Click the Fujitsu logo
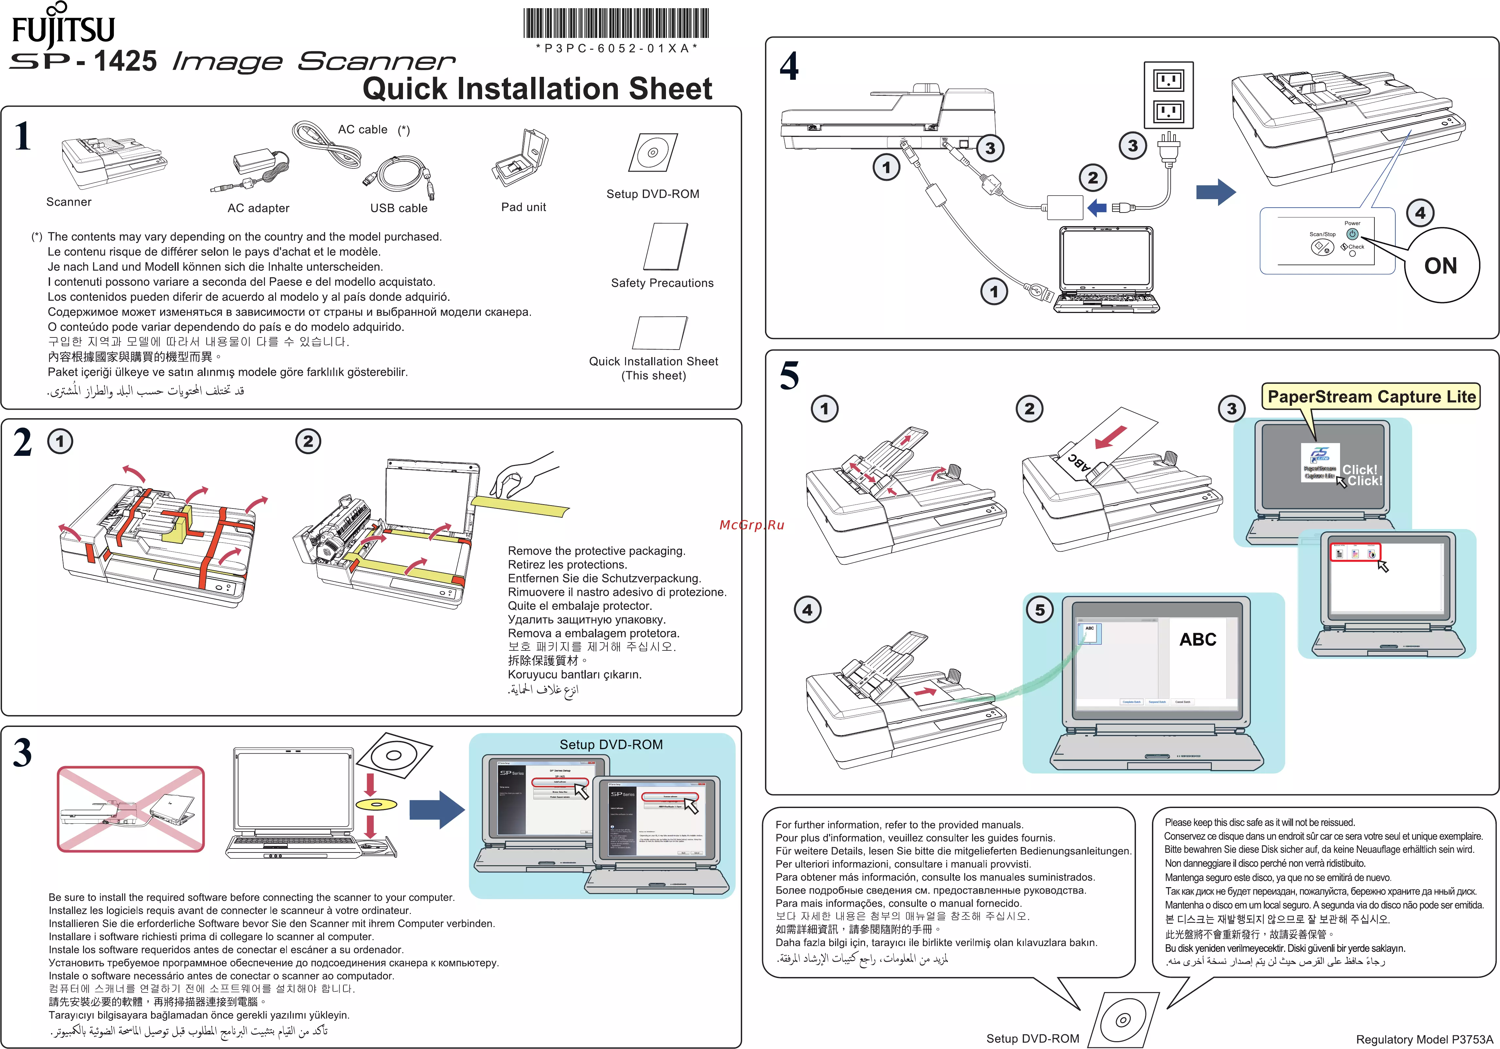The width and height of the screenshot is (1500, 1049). pos(63,26)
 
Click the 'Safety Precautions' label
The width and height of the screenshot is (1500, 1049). pos(662,283)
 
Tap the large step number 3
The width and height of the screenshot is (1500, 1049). pos(23,752)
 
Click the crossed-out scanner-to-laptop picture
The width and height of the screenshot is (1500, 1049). pos(131,809)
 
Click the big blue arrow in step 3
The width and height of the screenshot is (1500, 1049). pos(436,810)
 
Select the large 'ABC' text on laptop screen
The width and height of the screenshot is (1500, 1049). pos(1197,640)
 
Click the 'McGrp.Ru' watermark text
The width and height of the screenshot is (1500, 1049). pos(751,525)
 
